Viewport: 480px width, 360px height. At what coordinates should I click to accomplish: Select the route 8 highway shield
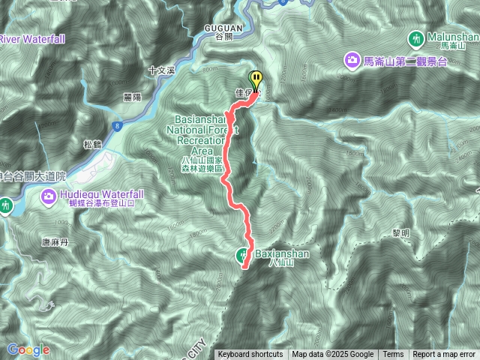[118, 127]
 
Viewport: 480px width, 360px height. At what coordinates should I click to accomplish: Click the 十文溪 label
[161, 70]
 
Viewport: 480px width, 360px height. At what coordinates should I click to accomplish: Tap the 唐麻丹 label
[55, 242]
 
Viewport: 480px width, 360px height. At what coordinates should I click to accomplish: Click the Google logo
[28, 349]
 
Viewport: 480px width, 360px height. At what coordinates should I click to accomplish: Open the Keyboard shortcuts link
[250, 355]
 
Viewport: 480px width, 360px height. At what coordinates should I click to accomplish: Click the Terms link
[393, 355]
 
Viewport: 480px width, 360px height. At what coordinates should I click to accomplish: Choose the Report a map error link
[444, 355]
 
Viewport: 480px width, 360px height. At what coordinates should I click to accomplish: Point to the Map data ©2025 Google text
[333, 355]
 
